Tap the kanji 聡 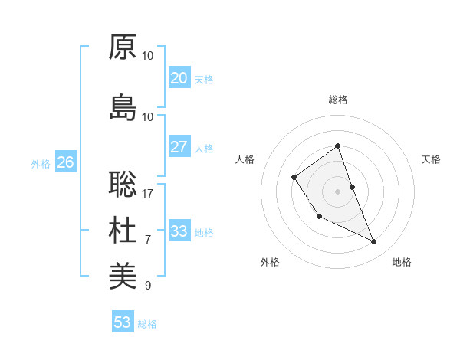click(x=123, y=184)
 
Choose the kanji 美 click(x=123, y=276)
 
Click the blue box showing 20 click(x=179, y=78)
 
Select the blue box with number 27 click(x=179, y=148)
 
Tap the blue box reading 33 click(x=179, y=231)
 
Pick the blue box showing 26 click(x=65, y=162)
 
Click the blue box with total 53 click(x=122, y=322)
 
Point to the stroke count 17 click(x=148, y=194)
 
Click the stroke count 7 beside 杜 click(x=148, y=240)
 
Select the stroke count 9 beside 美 click(x=148, y=286)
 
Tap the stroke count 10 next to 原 click(x=148, y=56)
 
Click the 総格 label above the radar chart click(x=337, y=100)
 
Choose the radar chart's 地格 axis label click(x=402, y=263)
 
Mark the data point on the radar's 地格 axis click(x=374, y=242)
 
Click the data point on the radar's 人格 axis click(x=294, y=178)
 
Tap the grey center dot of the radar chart click(x=337, y=191)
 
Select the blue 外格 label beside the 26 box click(x=41, y=163)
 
